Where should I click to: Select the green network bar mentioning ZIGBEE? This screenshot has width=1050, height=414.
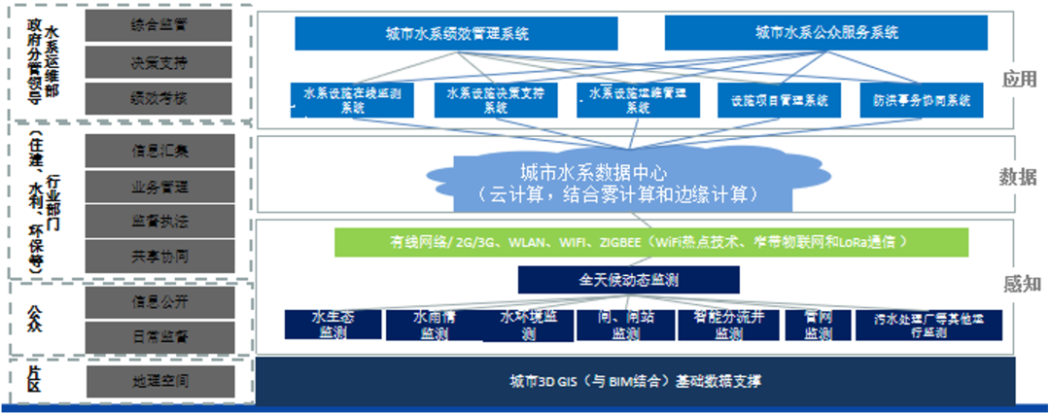(x=650, y=242)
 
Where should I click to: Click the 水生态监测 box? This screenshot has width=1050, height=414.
(x=332, y=325)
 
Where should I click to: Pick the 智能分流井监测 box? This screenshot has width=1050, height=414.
(x=729, y=325)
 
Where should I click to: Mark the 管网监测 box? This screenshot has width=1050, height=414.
(x=819, y=325)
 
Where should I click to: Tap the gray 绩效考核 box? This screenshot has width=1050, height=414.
(x=159, y=97)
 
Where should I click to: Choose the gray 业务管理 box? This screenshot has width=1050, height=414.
(x=159, y=186)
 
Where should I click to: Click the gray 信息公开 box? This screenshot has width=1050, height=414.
(x=159, y=300)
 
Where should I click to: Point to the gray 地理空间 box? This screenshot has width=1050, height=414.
(x=159, y=380)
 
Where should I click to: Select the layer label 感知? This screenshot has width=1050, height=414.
(x=1021, y=284)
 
